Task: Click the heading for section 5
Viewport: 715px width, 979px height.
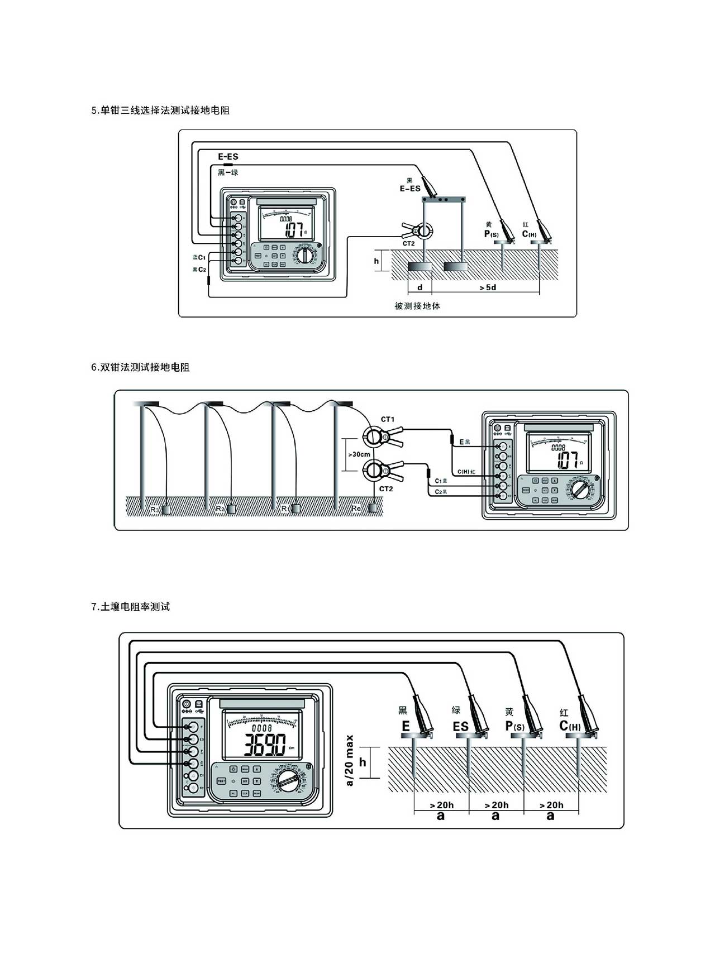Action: coord(160,111)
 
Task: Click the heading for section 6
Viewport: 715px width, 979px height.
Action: coord(140,367)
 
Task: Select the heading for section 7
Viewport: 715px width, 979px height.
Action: coord(130,607)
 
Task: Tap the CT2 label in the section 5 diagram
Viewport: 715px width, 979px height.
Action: coord(408,244)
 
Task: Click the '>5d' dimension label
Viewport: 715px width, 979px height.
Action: coord(488,287)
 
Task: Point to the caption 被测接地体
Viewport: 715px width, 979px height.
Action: coord(417,306)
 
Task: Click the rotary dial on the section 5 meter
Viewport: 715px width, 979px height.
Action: coord(304,256)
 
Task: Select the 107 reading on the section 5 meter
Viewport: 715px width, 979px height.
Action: coord(293,229)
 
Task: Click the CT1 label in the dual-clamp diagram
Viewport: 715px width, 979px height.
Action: coord(388,419)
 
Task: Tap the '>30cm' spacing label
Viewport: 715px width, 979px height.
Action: coord(359,454)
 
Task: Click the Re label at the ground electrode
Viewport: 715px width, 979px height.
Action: coord(357,508)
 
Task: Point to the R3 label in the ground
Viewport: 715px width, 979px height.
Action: coord(155,509)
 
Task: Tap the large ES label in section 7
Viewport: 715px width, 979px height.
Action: coord(460,727)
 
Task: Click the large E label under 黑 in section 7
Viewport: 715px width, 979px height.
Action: coord(406,727)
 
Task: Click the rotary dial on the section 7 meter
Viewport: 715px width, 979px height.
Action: coord(288,781)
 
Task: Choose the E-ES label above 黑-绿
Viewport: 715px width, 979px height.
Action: coord(228,157)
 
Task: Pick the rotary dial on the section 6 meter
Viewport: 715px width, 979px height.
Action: coord(580,492)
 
